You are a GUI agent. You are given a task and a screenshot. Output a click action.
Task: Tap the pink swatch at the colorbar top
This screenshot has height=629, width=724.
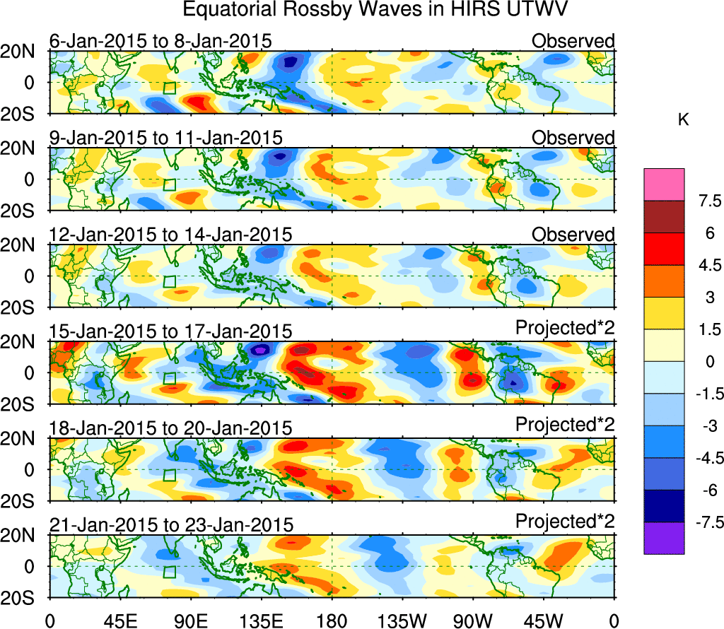pos(664,184)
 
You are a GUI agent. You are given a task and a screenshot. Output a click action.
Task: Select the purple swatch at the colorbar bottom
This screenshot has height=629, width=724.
pos(664,538)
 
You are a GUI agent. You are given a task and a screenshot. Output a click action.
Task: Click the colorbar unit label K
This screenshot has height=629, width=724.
pos(683,121)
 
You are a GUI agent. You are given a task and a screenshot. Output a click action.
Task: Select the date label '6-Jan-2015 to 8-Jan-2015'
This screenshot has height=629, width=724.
pos(160,40)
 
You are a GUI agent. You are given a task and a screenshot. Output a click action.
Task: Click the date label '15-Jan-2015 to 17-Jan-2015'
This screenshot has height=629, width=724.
pos(170,330)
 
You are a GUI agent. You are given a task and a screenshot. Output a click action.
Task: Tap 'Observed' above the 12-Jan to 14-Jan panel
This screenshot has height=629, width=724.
pos(573,234)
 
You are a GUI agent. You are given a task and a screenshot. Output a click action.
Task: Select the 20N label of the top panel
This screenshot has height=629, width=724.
pos(24,51)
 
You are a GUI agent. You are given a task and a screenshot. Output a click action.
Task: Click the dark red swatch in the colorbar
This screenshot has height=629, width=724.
pos(664,217)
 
